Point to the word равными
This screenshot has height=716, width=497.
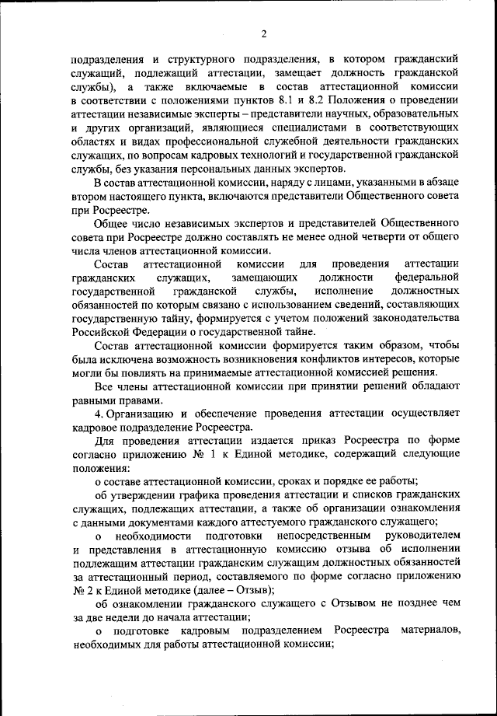pos(93,400)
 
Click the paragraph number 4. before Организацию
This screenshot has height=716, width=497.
pos(98,414)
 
